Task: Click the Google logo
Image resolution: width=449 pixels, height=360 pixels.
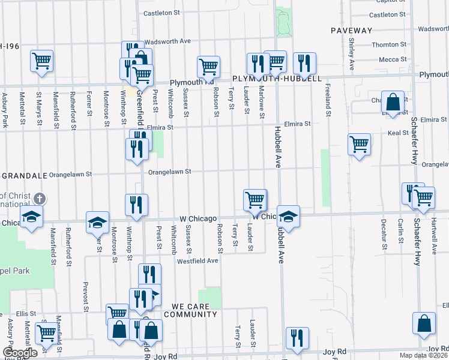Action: pyautogui.click(x=20, y=353)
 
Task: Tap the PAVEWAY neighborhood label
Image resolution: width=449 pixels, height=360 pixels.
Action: pyautogui.click(x=351, y=30)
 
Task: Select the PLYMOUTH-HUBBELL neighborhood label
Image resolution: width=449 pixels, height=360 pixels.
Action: pyautogui.click(x=277, y=79)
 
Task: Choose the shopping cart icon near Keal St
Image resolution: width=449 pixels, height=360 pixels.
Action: pyautogui.click(x=359, y=144)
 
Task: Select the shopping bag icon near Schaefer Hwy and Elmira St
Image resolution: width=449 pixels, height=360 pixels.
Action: pyautogui.click(x=393, y=103)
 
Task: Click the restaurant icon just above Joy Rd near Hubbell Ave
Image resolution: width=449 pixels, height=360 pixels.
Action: pyautogui.click(x=297, y=338)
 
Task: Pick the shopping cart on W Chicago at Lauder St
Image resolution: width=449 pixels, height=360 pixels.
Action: pyautogui.click(x=255, y=200)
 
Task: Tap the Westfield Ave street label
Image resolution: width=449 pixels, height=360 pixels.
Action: pyautogui.click(x=197, y=261)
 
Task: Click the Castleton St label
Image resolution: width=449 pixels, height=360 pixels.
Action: pyautogui.click(x=161, y=13)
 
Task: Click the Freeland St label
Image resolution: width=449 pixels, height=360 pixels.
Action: pyautogui.click(x=328, y=100)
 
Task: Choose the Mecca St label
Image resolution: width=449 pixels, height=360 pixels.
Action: pyautogui.click(x=393, y=59)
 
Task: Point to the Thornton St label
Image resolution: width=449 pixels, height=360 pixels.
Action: pyautogui.click(x=389, y=44)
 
